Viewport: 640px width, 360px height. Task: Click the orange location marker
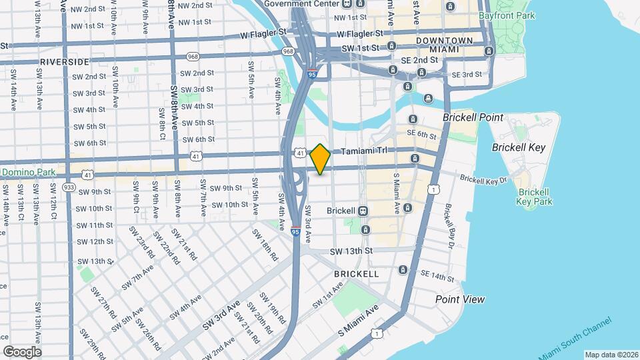(321, 159)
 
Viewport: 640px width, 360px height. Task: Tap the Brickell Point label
(473, 117)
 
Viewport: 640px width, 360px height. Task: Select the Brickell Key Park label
(534, 196)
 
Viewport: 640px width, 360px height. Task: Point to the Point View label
(460, 299)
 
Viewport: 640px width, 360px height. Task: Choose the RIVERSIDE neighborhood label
(65, 61)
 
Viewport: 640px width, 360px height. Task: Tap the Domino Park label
(27, 173)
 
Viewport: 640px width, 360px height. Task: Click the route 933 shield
(69, 187)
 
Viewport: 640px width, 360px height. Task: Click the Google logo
(22, 352)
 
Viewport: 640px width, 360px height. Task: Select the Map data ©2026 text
(611, 355)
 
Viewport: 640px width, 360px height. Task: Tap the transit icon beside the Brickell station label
(363, 211)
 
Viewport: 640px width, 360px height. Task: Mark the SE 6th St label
(423, 135)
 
